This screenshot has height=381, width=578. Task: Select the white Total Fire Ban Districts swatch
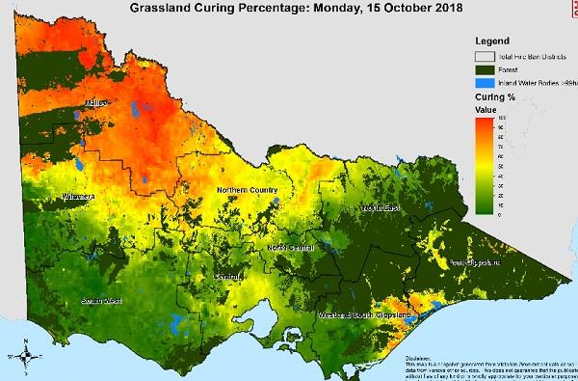coord(481,56)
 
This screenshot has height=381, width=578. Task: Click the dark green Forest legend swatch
coord(481,69)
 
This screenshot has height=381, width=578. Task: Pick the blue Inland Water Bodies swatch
coord(481,83)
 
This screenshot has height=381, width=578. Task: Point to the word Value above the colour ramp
coord(487,111)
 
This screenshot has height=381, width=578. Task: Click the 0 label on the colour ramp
coord(498,215)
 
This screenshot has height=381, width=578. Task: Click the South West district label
coord(95,301)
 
